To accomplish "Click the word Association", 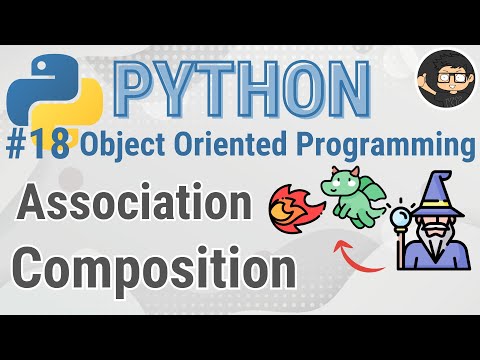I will coord(134,207).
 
